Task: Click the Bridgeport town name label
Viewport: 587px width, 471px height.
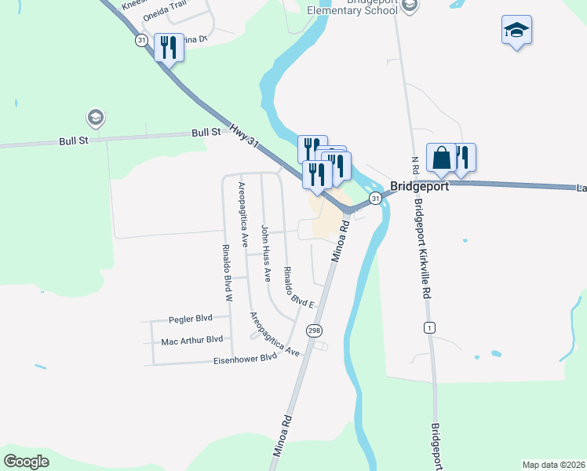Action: click(420, 188)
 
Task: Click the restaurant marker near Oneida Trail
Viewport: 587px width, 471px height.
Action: click(169, 48)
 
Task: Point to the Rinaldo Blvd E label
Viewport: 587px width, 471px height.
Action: click(299, 288)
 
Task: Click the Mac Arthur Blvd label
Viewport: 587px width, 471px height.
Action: click(191, 341)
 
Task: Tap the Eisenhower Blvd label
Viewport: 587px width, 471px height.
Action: click(246, 358)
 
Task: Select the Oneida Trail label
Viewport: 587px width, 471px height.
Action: click(163, 14)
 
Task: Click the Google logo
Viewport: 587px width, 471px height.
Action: click(26, 461)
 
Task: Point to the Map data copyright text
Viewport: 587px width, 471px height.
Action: click(554, 464)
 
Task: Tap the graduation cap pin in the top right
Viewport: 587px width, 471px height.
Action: click(516, 31)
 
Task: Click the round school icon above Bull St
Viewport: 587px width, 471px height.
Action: click(96, 119)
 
